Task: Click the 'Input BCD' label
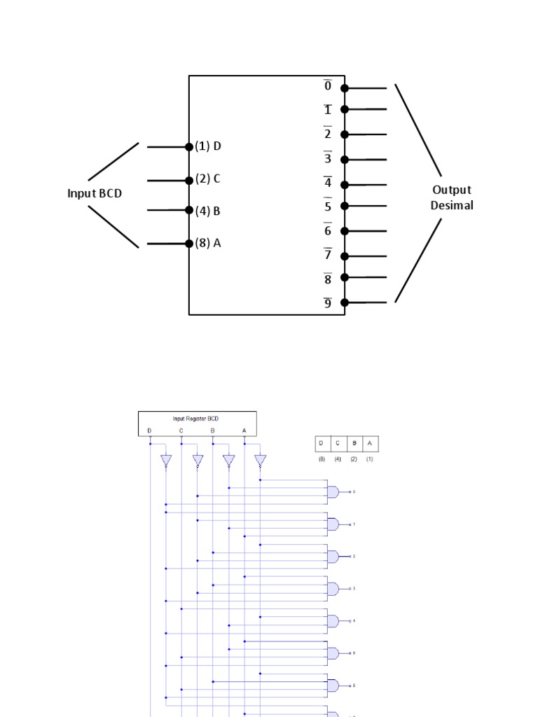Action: coord(95,193)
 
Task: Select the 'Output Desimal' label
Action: coord(451,197)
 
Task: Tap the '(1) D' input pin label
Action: coord(208,146)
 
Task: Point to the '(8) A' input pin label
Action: coord(208,244)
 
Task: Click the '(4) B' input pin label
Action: coord(208,211)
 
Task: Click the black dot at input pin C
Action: coord(189,180)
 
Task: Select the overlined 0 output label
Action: coord(327,86)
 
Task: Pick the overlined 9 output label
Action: coord(327,303)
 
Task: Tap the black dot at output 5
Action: coord(345,206)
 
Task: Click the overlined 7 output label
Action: coord(327,254)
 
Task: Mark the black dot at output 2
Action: coord(345,134)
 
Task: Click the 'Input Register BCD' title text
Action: coord(197,418)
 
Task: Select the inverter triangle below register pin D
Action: coord(166,461)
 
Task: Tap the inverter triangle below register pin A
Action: coord(261,461)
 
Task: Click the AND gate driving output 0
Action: coord(333,492)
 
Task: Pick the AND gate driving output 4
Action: coord(333,621)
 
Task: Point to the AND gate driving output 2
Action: coord(333,557)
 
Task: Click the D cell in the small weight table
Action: coord(322,443)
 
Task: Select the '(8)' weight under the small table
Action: coord(322,459)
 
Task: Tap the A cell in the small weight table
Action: coord(370,443)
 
